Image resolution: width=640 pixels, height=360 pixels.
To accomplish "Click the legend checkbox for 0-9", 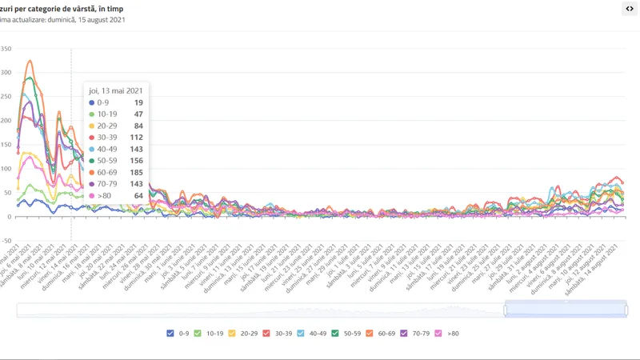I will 170,333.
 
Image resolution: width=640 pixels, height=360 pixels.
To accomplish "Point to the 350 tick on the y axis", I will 6,49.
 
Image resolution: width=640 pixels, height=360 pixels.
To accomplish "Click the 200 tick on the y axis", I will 6,121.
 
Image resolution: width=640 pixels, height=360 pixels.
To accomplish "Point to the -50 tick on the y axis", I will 6,240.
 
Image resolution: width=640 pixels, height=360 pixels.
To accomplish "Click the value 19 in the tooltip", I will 138,103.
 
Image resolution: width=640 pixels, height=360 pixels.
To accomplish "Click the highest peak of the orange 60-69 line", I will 30,61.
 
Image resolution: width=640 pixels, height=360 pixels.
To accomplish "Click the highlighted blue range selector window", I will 565,310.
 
